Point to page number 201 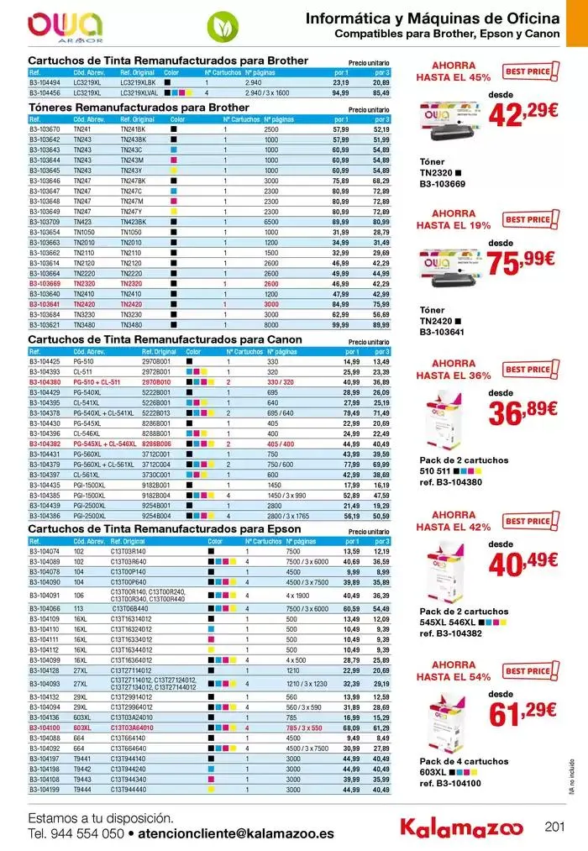[554, 827]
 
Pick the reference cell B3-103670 [45, 129]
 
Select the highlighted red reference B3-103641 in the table [45, 304]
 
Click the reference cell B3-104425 [45, 361]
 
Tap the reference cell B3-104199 [45, 790]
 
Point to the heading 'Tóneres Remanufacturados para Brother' [139, 108]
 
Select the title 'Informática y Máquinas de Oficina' [432, 18]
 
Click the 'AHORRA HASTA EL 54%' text [453, 670]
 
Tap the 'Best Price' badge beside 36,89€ [527, 369]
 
